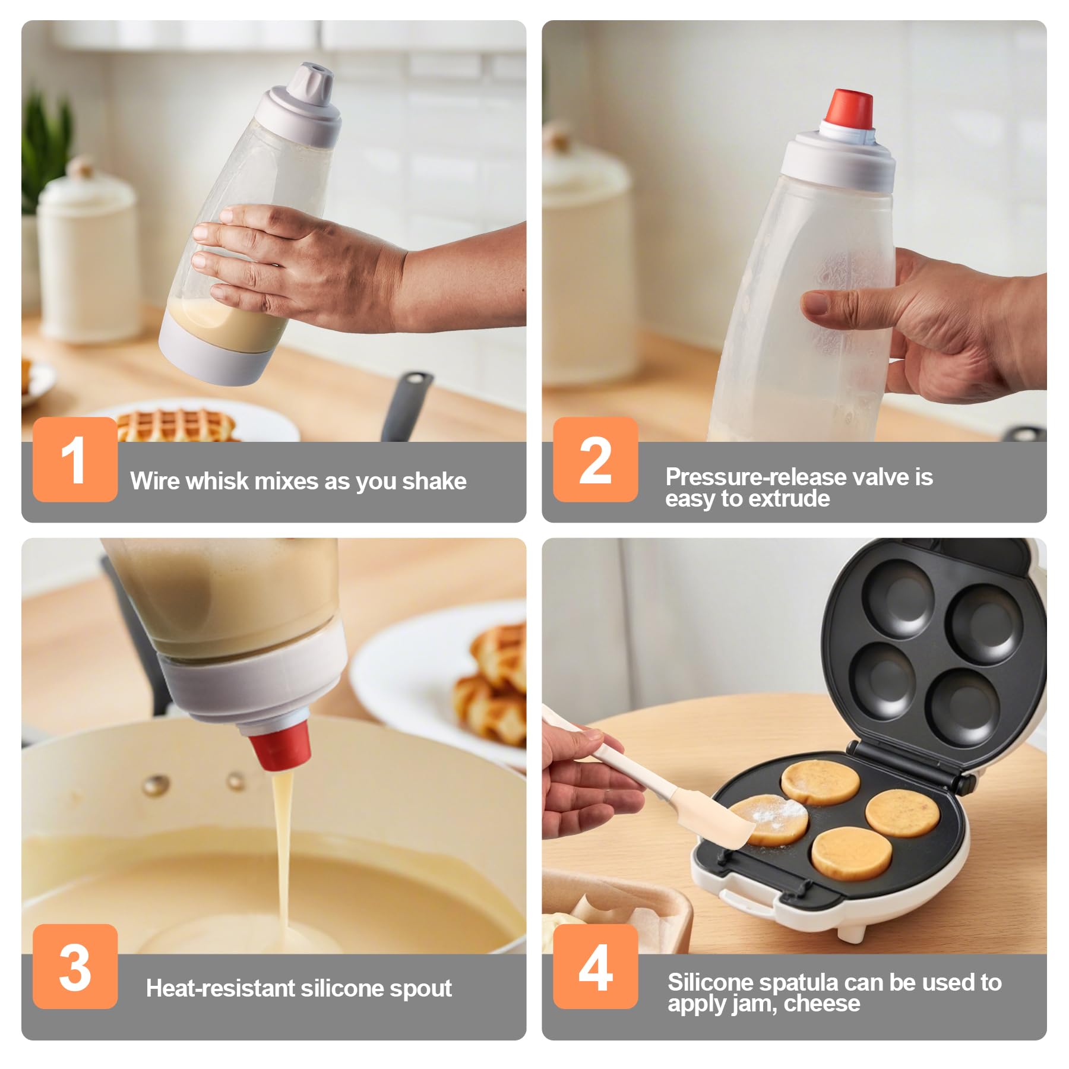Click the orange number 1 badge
[75, 459]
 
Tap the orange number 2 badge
[595, 459]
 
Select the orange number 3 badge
[75, 966]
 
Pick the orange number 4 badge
[595, 966]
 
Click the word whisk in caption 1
[217, 481]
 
